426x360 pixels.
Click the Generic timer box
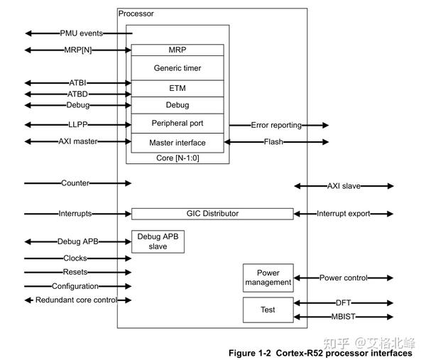[177, 68]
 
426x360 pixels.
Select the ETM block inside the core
[177, 87]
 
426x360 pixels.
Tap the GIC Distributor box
[212, 213]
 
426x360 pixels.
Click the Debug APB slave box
[158, 241]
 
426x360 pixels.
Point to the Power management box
[268, 278]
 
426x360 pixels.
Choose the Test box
[268, 310]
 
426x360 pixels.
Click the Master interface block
[177, 143]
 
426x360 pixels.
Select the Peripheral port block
[177, 124]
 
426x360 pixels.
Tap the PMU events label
[81, 33]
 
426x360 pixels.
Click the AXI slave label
[344, 186]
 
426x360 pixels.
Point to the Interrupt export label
[344, 213]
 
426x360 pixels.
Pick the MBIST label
[344, 317]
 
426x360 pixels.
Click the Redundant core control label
[76, 300]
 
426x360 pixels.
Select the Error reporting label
[276, 125]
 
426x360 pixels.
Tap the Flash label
[274, 142]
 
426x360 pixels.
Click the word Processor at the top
[136, 13]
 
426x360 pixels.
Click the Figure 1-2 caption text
[319, 353]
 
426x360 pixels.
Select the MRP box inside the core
[177, 50]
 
